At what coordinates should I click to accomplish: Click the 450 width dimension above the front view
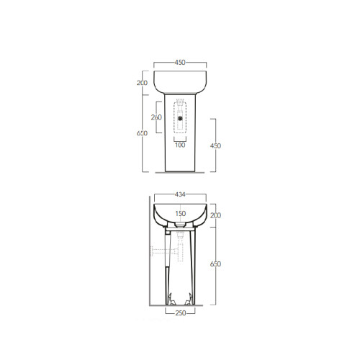pos(180,63)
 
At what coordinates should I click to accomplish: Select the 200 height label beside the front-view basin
pos(142,84)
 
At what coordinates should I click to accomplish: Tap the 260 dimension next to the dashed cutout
pos(156,117)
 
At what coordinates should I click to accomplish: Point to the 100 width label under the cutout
pos(180,145)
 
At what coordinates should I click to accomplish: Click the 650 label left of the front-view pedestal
pos(142,133)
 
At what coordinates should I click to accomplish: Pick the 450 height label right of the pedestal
pos(215,145)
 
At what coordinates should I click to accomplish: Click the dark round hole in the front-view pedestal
pos(180,117)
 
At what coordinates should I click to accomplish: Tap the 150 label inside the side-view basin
pos(180,213)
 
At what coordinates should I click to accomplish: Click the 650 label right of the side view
pos(215,264)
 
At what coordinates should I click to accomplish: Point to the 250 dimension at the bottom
pos(180,313)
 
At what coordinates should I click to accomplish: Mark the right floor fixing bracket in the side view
pos(192,298)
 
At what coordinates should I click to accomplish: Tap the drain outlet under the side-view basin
pos(179,228)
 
